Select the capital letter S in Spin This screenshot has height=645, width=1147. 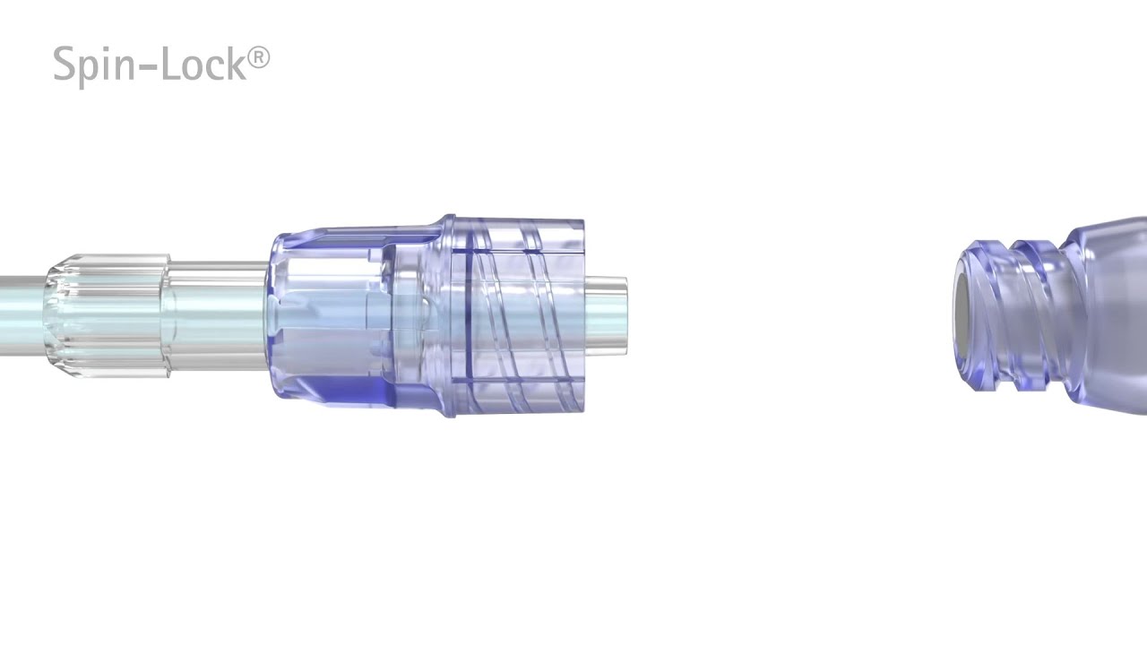[65, 64]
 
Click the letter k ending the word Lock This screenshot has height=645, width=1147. [237, 64]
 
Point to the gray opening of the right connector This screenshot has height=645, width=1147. [962, 317]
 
